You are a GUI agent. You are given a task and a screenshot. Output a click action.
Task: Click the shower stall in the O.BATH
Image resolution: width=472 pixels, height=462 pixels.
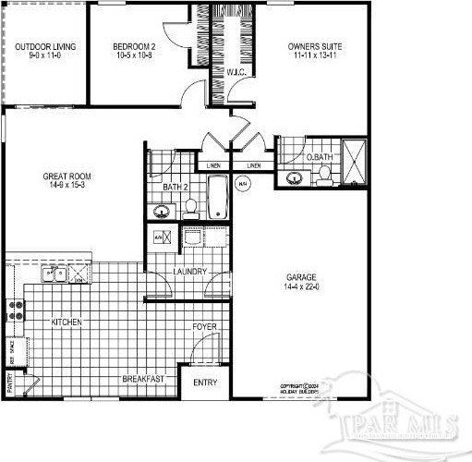point(353,164)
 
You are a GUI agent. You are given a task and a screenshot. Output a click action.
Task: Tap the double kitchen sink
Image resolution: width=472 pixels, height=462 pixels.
point(55,274)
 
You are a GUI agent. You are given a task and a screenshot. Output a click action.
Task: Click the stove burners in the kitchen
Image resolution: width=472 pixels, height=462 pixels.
point(15,310)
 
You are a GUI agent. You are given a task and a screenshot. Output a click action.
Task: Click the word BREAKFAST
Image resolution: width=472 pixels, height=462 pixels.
point(143,379)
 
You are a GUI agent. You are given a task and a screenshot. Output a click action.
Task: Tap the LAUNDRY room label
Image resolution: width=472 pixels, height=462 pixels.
point(189,272)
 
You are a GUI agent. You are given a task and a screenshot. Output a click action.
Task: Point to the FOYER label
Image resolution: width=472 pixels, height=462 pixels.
point(204,328)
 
